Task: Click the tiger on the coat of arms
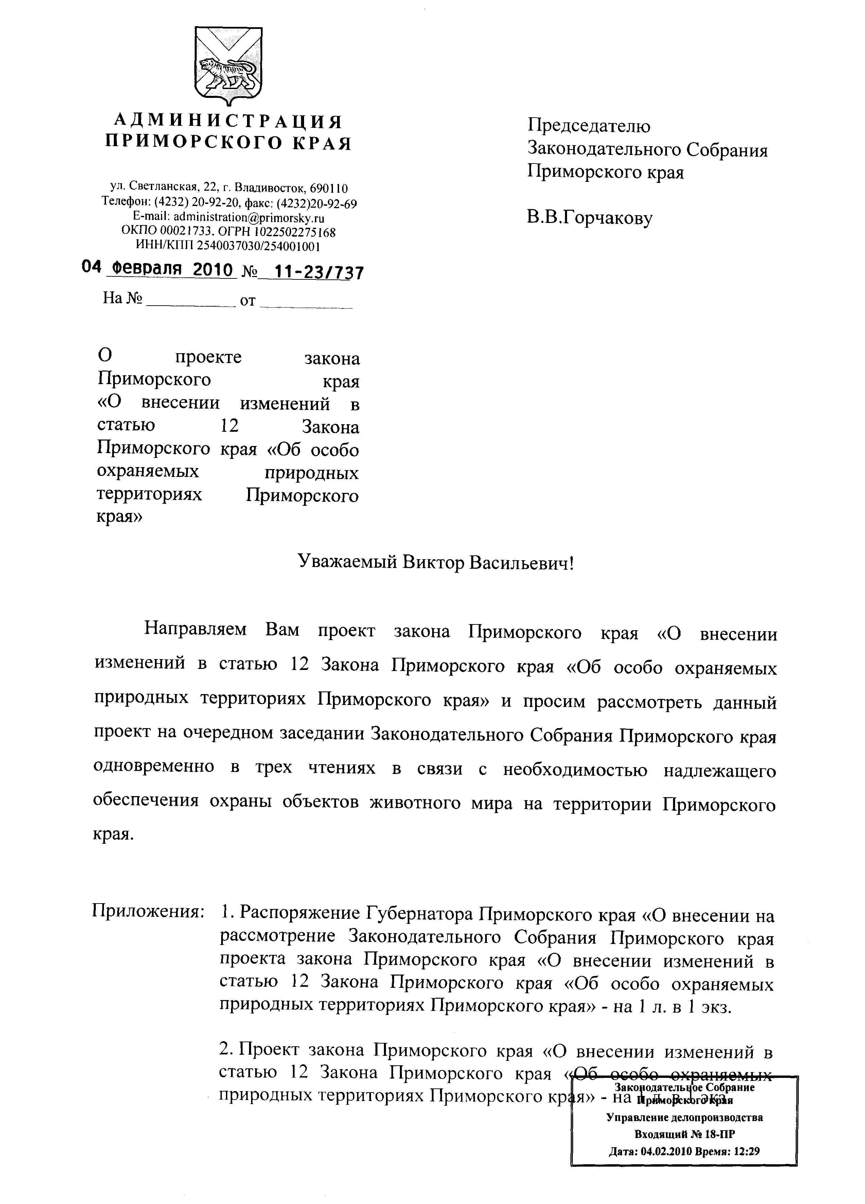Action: (228, 73)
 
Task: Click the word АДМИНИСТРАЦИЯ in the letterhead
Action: (228, 122)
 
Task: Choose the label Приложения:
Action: (148, 912)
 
